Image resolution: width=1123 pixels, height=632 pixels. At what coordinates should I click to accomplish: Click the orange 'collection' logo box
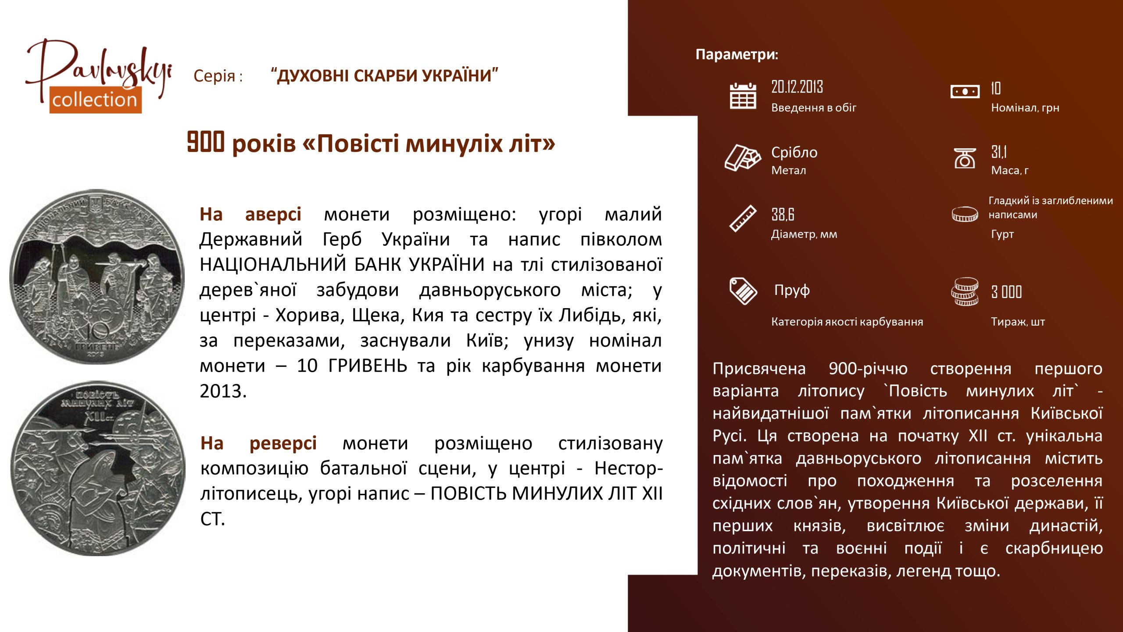[x=95, y=100]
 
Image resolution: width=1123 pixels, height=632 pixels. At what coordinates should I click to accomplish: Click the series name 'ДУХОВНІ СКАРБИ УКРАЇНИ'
[x=384, y=75]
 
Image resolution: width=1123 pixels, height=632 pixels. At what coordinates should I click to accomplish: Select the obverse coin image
[x=97, y=277]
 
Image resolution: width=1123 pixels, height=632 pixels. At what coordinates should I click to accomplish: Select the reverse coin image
[x=98, y=468]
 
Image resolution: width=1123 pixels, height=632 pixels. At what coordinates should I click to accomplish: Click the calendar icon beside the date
[x=743, y=96]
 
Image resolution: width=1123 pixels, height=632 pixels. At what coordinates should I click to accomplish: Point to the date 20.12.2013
[x=797, y=87]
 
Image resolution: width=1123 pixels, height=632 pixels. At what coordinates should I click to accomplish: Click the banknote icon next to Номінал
[x=965, y=92]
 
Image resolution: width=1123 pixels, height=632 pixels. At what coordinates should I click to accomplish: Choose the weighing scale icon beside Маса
[x=965, y=158]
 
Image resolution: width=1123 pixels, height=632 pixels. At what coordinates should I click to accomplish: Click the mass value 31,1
[x=999, y=152]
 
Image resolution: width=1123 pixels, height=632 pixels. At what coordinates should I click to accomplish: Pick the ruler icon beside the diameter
[x=743, y=218]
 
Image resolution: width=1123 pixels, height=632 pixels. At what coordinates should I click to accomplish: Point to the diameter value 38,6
[x=783, y=215]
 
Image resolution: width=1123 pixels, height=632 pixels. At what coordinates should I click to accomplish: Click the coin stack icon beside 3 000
[x=965, y=292]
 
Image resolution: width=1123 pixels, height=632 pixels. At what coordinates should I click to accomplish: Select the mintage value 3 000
[x=1006, y=292]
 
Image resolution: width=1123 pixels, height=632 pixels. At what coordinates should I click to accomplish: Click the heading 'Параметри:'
[x=737, y=54]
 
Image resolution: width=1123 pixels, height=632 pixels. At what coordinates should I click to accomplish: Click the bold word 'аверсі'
[x=273, y=214]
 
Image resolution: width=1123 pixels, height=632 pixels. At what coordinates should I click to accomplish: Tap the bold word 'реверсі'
[x=283, y=443]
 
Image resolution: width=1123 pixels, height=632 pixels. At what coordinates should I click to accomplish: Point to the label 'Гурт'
[x=1002, y=234]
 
